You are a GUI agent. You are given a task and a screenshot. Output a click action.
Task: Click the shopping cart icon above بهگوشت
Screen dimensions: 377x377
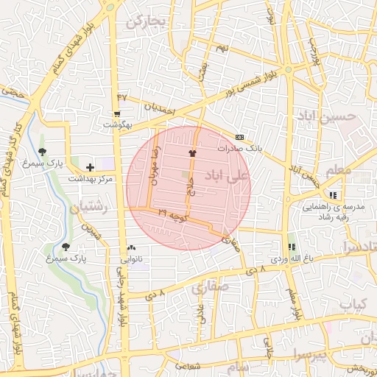coord(117,113)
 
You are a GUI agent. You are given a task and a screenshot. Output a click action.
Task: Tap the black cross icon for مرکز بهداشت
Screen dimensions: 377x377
coord(90,168)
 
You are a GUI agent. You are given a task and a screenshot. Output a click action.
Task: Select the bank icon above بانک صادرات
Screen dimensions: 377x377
coord(239,137)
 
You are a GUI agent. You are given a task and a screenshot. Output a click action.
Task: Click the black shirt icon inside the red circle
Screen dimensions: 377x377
coord(193,153)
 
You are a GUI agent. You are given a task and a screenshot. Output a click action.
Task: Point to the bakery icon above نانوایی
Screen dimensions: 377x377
coord(132,248)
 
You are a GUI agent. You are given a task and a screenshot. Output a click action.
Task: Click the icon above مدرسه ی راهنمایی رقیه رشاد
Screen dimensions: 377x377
coord(334,195)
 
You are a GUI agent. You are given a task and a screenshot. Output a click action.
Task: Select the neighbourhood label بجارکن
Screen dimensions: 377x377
coord(147,22)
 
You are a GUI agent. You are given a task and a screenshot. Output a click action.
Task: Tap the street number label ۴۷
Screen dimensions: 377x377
coord(121,96)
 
